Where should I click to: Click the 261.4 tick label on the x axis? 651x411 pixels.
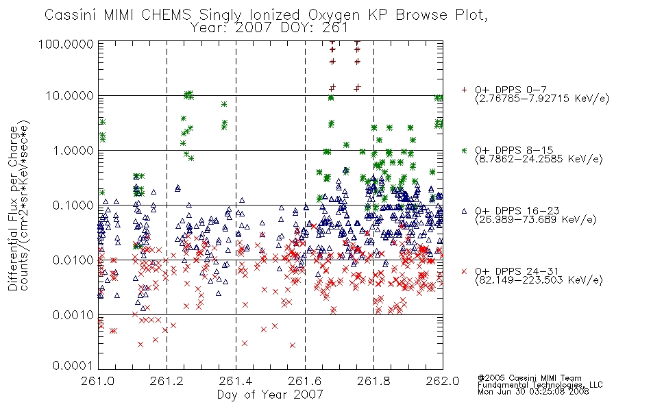(236, 381)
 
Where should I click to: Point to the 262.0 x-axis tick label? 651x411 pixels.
(443, 381)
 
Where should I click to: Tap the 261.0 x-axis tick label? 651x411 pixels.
(98, 381)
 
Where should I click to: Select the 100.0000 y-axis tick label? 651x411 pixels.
(66, 44)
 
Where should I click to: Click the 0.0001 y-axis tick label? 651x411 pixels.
(73, 365)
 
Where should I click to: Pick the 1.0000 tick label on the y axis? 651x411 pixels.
(73, 150)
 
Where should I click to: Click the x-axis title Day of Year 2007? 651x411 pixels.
(270, 395)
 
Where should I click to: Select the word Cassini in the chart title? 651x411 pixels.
(71, 15)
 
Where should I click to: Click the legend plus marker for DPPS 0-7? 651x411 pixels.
(464, 90)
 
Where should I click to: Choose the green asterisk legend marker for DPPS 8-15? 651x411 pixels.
(464, 151)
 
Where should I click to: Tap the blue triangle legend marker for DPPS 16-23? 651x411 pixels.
(464, 211)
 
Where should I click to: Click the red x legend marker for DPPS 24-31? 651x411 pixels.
(464, 271)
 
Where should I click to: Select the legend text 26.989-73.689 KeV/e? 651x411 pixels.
(536, 219)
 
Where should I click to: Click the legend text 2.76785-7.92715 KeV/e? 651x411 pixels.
(542, 99)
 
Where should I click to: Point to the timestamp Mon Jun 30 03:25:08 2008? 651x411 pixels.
(533, 392)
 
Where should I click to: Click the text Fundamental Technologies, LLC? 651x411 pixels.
(540, 385)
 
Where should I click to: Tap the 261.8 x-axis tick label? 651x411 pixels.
(373, 381)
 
